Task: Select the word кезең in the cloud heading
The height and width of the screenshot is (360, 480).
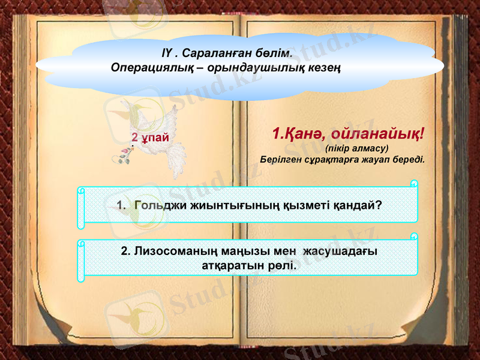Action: (x=326, y=67)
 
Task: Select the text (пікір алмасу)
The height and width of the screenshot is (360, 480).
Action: (x=356, y=148)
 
